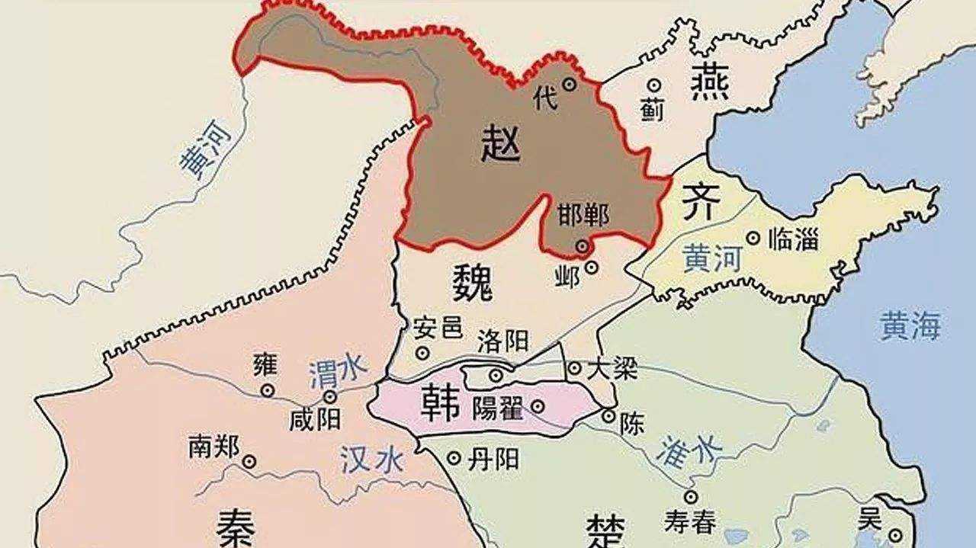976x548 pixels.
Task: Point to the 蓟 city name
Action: point(652,111)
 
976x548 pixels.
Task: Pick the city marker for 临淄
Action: point(753,239)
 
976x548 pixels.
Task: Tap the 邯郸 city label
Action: point(583,216)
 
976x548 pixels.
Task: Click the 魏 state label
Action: point(472,284)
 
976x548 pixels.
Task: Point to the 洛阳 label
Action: point(502,340)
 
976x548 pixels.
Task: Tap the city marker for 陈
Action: point(608,415)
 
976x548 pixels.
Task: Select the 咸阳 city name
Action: point(315,418)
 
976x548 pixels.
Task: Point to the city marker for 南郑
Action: point(249,460)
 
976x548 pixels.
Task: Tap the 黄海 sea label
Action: point(910,326)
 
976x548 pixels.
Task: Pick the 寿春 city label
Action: point(690,522)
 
